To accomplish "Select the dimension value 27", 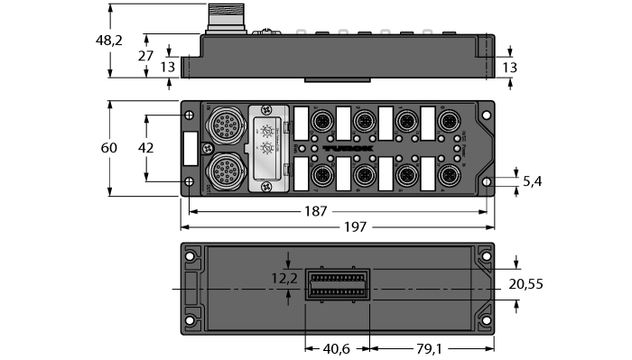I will (146, 56).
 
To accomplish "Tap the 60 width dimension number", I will (108, 148).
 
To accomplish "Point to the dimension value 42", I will (146, 148).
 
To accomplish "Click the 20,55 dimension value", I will (526, 285).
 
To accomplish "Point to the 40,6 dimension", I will (336, 350).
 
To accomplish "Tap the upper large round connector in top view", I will (222, 125).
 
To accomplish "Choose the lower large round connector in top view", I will (222, 168).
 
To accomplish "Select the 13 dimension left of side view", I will (167, 66).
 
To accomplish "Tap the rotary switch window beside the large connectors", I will (267, 146).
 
